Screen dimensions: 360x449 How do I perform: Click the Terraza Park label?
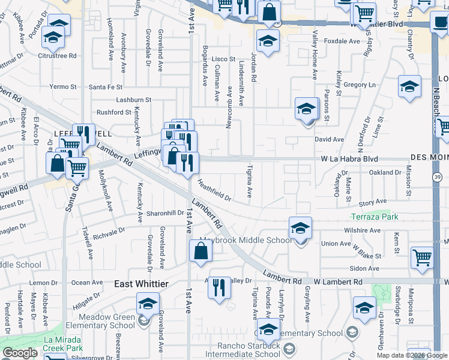click(x=375, y=216)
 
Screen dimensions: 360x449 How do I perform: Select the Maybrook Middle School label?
click(x=246, y=241)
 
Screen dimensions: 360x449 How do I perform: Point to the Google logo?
click(x=20, y=353)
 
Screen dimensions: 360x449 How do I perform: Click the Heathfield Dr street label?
click(x=214, y=192)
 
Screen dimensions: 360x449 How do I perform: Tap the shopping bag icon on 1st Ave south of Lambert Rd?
click(x=200, y=250)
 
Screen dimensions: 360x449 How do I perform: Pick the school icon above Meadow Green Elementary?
click(x=148, y=302)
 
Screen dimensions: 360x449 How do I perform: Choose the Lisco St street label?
click(x=223, y=59)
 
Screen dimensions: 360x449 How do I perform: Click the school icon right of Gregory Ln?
click(x=409, y=87)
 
